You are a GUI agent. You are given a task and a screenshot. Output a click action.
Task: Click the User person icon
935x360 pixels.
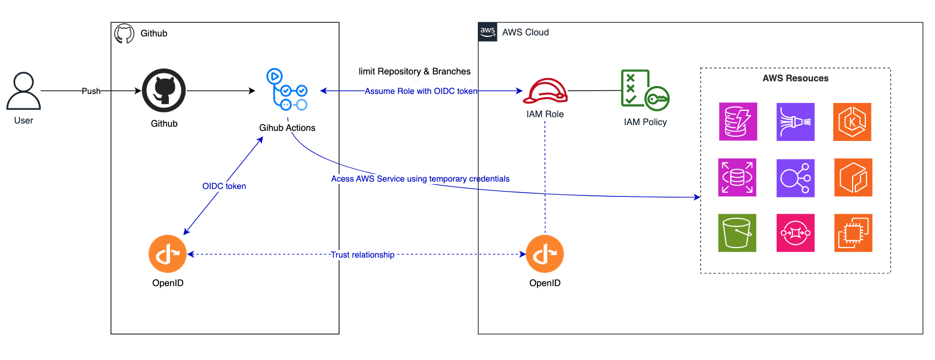[x=23, y=91]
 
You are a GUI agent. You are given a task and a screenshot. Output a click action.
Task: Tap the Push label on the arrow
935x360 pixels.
[x=91, y=91]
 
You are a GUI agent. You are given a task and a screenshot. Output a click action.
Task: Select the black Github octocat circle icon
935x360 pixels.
[x=164, y=90]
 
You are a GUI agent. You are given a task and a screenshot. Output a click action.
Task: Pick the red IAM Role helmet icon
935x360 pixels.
[x=545, y=91]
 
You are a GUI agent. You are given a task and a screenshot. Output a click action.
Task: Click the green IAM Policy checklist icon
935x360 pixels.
[x=645, y=90]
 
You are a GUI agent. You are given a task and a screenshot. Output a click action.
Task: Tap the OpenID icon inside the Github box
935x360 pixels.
[x=167, y=254]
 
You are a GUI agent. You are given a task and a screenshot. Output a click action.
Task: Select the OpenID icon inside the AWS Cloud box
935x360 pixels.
[x=545, y=254]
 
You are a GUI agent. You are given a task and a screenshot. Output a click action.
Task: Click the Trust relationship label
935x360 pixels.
[x=363, y=254]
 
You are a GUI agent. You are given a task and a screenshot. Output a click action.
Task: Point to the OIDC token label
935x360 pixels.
[x=224, y=186]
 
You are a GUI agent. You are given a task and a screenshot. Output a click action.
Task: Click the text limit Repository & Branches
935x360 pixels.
[x=414, y=71]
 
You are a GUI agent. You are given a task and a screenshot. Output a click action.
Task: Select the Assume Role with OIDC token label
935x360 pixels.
[x=421, y=91]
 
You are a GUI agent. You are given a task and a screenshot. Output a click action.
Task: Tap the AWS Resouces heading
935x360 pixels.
[x=795, y=78]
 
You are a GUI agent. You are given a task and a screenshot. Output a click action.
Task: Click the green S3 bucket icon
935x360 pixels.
[x=737, y=233]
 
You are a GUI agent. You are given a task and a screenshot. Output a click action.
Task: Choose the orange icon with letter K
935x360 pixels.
[x=852, y=122]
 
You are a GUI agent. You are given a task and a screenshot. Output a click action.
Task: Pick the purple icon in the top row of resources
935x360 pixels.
[x=795, y=122]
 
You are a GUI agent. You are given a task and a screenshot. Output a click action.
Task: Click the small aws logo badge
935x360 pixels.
[x=487, y=32]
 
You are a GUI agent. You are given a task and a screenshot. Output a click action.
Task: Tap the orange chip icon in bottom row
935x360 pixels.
[x=853, y=233]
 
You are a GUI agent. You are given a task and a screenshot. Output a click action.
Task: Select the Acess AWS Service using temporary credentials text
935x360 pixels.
[x=420, y=178]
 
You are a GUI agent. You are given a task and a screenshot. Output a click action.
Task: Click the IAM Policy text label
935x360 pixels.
[x=645, y=122]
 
